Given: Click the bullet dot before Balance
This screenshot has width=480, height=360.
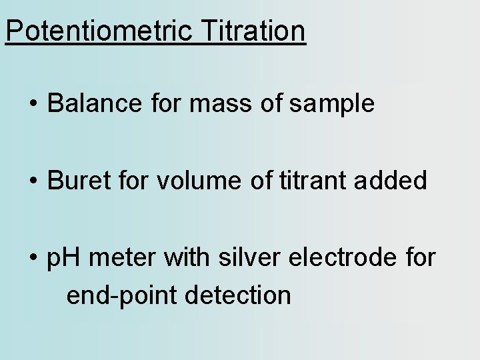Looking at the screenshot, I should point(33,105).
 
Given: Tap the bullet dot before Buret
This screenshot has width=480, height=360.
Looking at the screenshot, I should point(33,181).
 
